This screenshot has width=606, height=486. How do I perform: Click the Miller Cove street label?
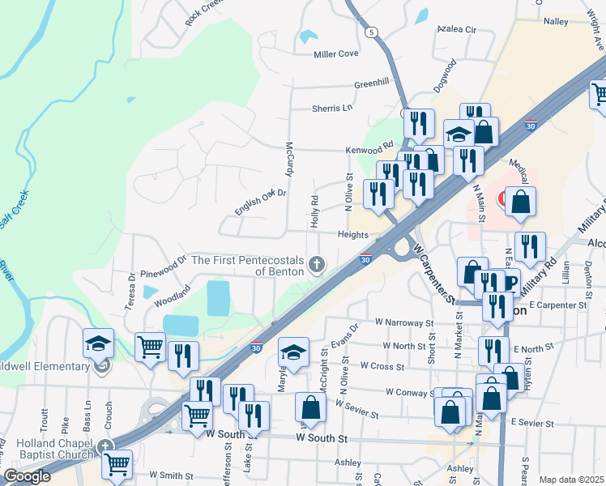pyautogui.click(x=336, y=54)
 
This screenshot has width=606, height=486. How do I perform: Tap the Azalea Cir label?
pyautogui.click(x=457, y=29)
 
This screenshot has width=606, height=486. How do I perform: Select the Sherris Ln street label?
pyautogui.click(x=333, y=108)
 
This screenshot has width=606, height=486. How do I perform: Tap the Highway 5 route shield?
pyautogui.click(x=371, y=32)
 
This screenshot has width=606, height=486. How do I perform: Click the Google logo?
pyautogui.click(x=27, y=475)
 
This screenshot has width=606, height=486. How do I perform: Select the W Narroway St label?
pyautogui.click(x=403, y=322)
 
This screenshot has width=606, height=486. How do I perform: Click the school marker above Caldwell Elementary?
pyautogui.click(x=98, y=343)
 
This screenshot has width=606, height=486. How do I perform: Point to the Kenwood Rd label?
pyautogui.click(x=369, y=150)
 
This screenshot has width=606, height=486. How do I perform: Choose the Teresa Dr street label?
pyautogui.click(x=131, y=287)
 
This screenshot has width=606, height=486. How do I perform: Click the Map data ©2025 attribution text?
pyautogui.click(x=570, y=480)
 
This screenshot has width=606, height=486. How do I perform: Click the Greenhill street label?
pyautogui.click(x=372, y=82)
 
